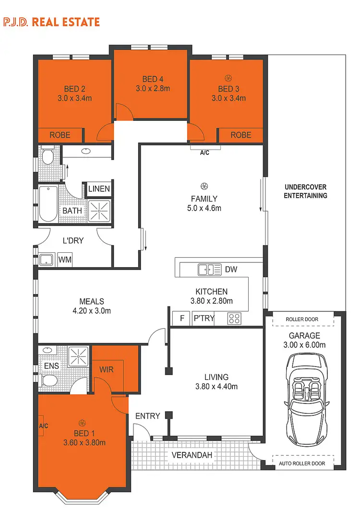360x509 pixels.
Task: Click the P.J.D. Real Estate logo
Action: point(51,22)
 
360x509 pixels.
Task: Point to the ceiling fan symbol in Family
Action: point(204,186)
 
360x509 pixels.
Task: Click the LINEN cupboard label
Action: point(99,189)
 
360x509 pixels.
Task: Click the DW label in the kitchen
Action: point(231,270)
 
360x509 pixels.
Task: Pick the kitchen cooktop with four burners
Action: point(234,318)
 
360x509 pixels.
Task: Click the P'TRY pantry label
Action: point(204,318)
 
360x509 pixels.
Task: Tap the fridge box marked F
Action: point(182,318)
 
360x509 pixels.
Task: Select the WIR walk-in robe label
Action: point(107,370)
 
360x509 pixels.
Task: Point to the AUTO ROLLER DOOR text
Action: point(302,463)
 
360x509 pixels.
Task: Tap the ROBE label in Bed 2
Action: point(60,135)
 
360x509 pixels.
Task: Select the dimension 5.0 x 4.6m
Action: point(204,208)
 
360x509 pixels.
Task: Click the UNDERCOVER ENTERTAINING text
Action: point(305,191)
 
